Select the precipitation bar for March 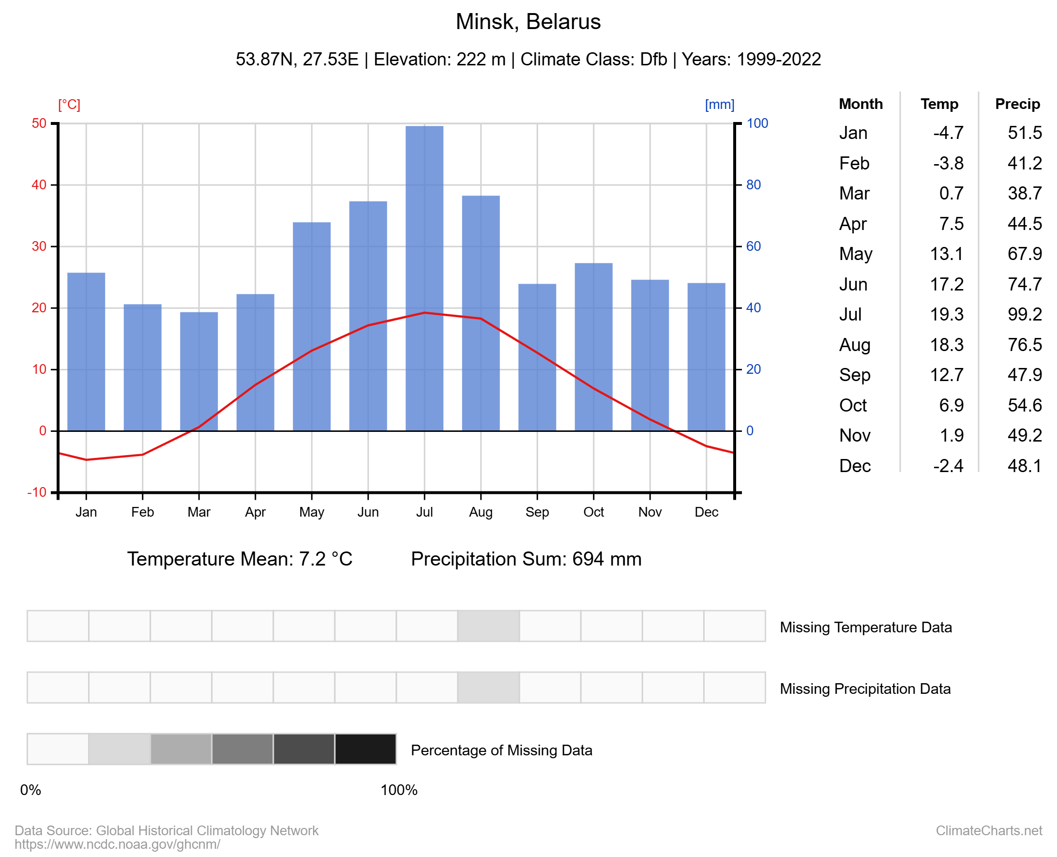[x=199, y=370]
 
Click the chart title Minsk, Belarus [x=528, y=22]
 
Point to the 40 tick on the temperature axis [x=39, y=185]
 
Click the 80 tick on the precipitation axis [x=754, y=185]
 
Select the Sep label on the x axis [x=537, y=512]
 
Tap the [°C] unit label [x=69, y=105]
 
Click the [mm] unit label [x=720, y=105]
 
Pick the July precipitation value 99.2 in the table [x=1025, y=314]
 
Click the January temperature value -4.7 [x=948, y=133]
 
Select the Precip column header [x=1017, y=104]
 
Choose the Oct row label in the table [x=853, y=405]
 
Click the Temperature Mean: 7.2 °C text [x=240, y=559]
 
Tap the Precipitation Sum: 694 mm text [x=526, y=559]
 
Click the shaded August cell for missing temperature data [x=488, y=626]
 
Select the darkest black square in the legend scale [x=365, y=749]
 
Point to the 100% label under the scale [x=399, y=790]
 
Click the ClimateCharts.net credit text [x=988, y=831]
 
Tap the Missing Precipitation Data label [x=865, y=689]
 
